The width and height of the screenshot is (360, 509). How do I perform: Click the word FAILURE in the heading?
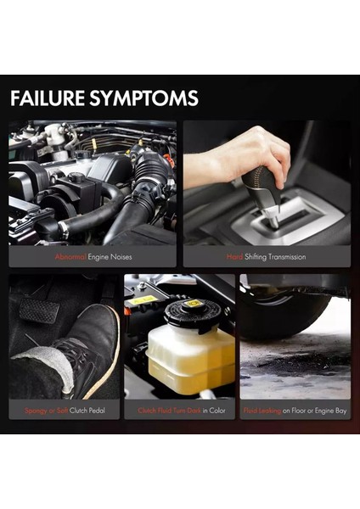point(48,98)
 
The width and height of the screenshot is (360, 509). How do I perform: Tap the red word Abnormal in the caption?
point(70,256)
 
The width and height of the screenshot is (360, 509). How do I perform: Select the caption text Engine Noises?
point(110,256)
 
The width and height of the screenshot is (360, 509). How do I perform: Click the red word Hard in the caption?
point(234,256)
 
